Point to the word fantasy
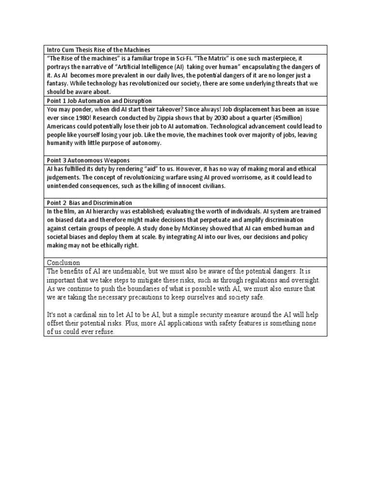[58, 84]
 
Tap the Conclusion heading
[63, 262]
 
